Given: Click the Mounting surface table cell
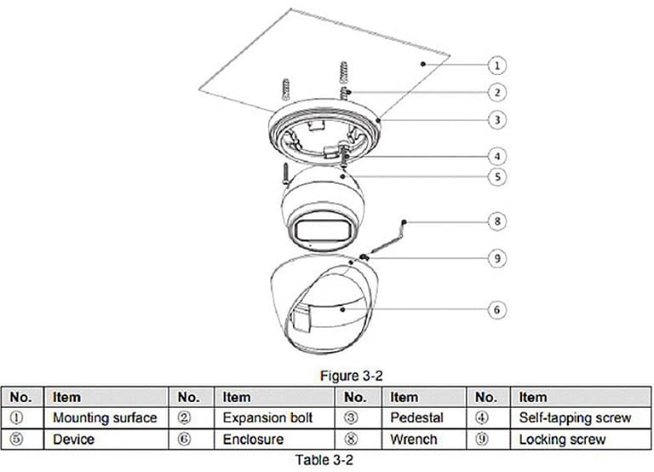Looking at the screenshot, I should tap(105, 418).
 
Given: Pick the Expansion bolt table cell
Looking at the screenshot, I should tap(267, 418).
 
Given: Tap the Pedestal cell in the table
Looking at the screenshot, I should tap(416, 418).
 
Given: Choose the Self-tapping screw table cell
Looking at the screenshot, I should tap(575, 418).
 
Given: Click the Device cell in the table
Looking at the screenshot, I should tap(73, 440).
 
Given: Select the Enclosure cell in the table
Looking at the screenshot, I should tap(253, 440).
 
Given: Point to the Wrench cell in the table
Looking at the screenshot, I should tap(414, 440).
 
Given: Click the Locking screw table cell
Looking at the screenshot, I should tap(562, 440).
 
